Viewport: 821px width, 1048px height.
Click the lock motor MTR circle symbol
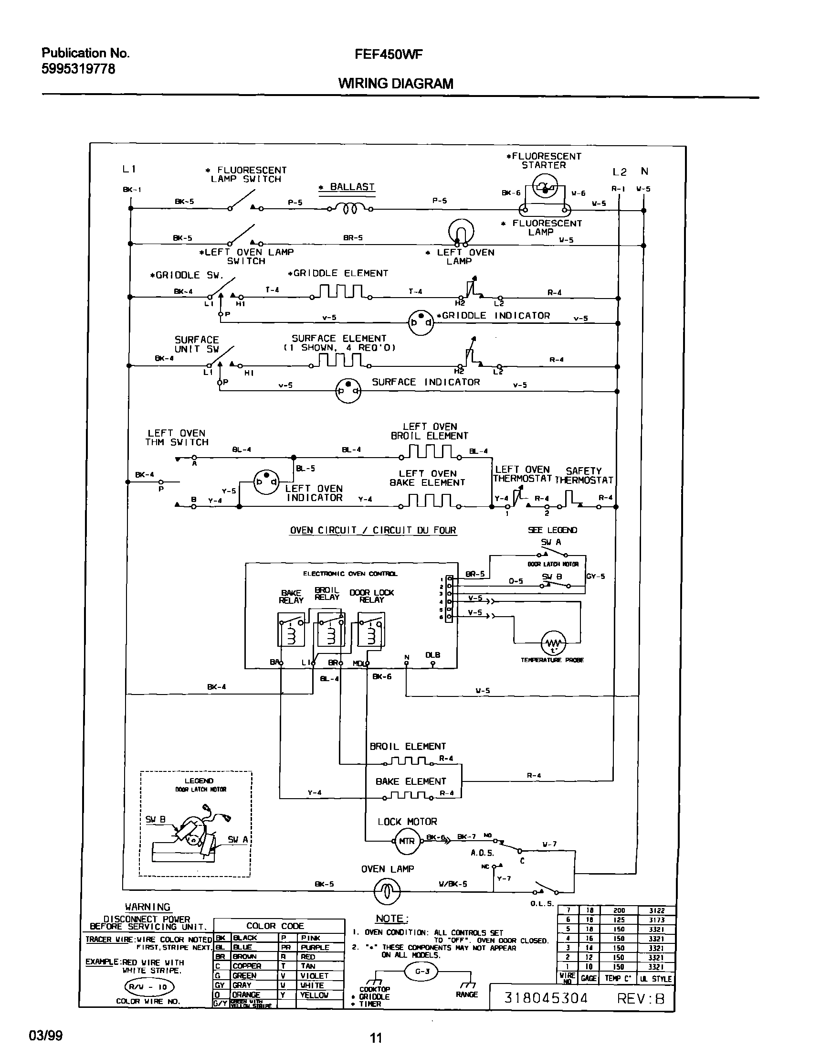pos(406,841)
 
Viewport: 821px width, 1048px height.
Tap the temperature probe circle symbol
pos(553,643)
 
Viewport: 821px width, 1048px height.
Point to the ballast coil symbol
pos(349,208)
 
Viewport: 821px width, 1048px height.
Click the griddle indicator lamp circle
pos(421,322)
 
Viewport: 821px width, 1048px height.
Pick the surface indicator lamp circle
pos(348,390)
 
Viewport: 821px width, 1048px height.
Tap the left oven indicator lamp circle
pos(266,481)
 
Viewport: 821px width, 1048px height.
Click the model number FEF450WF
pos(389,55)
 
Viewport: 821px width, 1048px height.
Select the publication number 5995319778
pos(78,69)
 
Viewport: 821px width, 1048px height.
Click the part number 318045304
pos(546,998)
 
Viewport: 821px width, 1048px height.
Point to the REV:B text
pos(640,998)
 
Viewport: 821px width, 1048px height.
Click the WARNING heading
pos(147,907)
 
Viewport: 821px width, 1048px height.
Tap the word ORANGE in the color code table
pos(246,995)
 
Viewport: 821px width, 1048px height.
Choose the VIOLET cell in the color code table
pos(315,976)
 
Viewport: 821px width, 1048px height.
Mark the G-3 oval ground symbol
pos(421,971)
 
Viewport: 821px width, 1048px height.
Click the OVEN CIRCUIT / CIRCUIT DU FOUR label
pos(373,530)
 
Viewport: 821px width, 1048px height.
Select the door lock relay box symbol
pos(371,630)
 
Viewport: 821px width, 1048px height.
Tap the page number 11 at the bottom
pos(376,1038)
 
